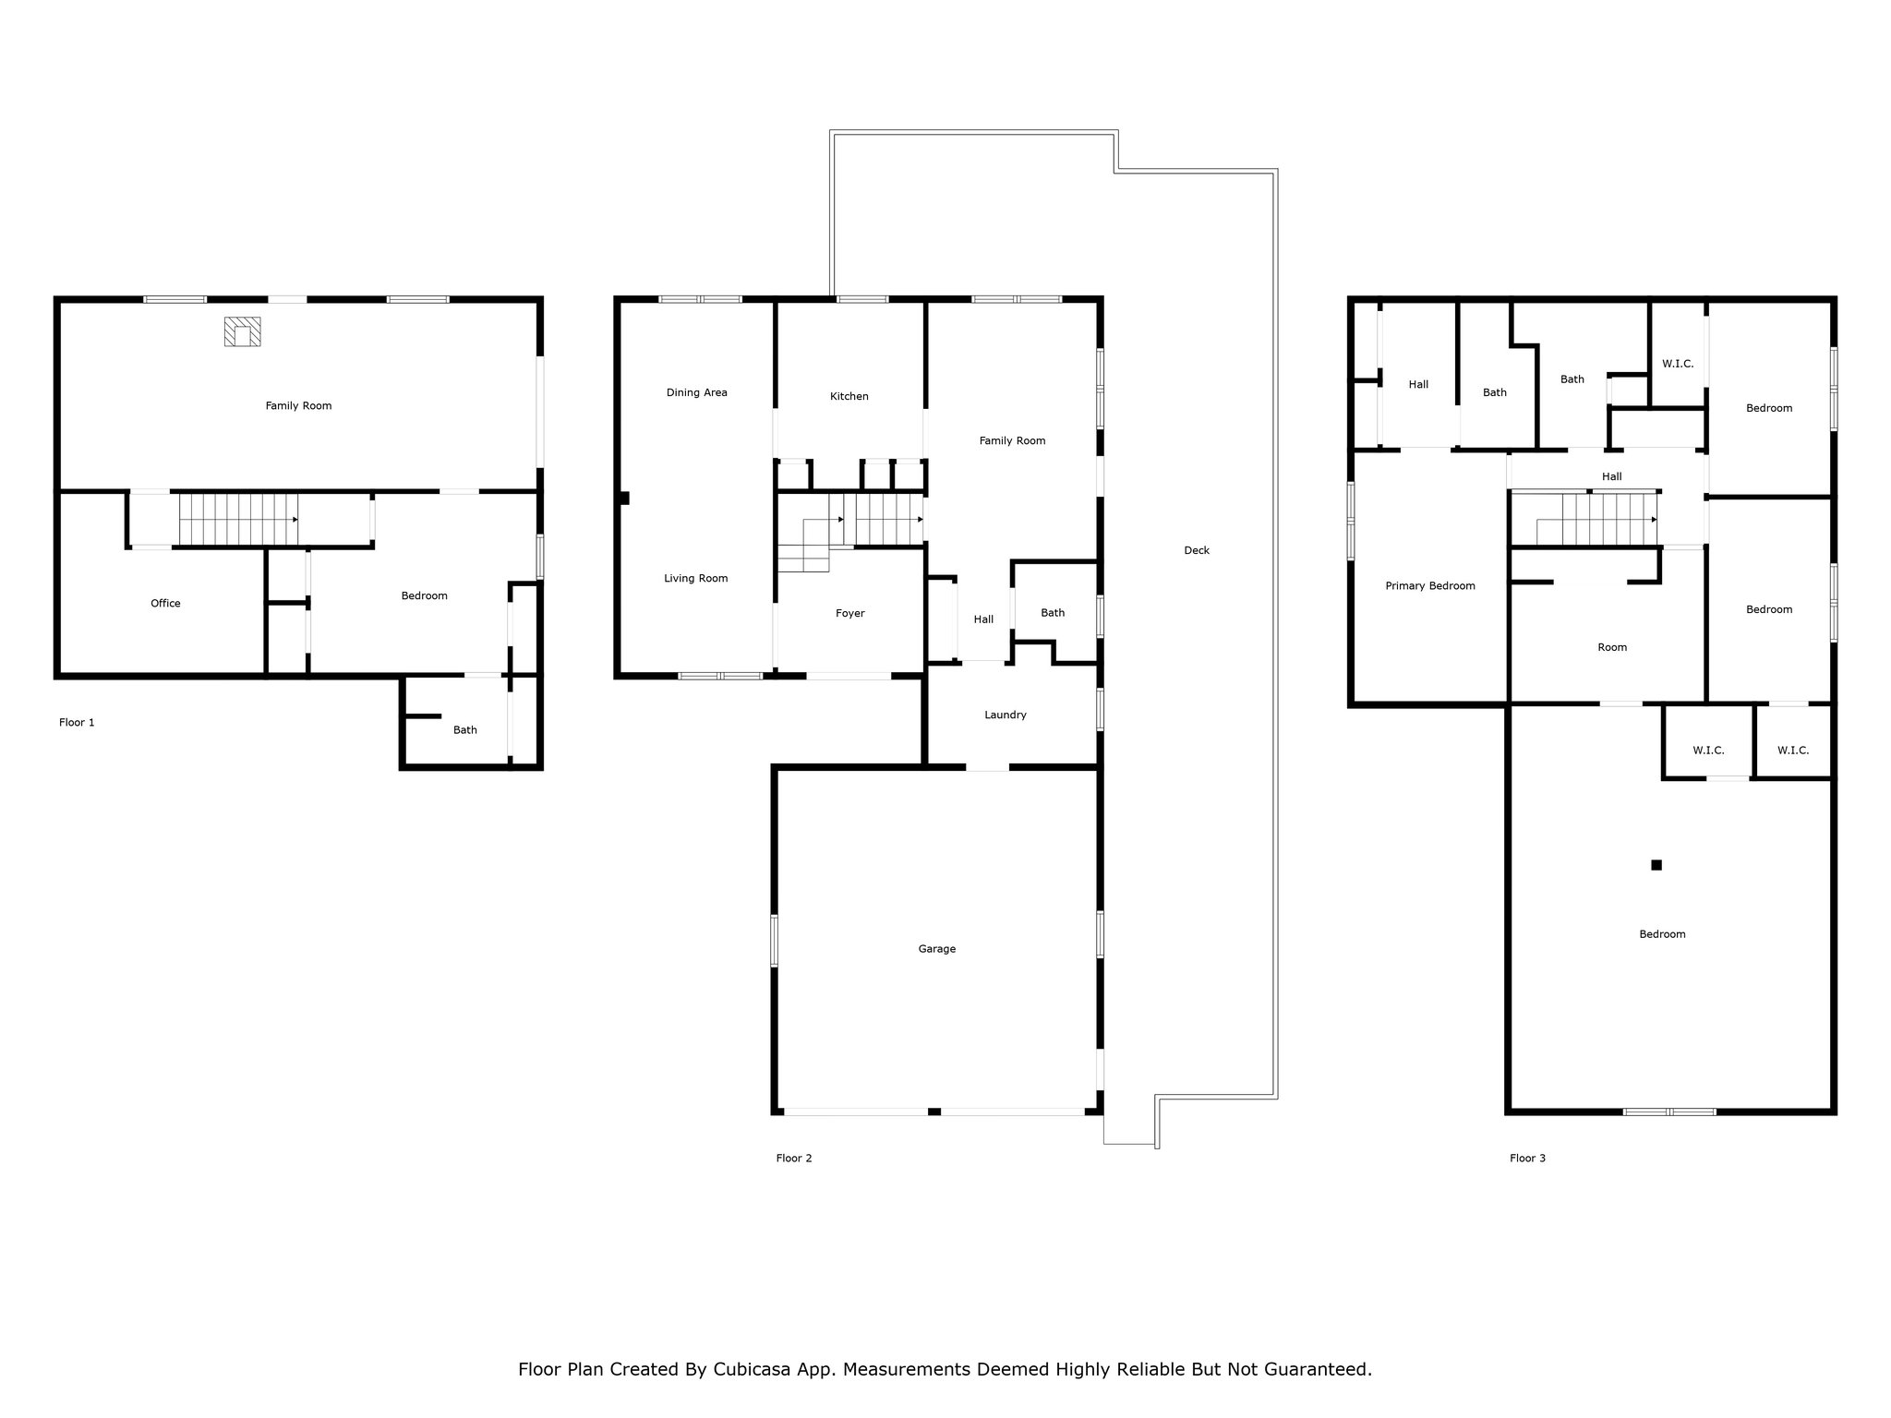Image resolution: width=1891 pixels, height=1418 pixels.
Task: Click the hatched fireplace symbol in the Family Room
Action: coord(242,331)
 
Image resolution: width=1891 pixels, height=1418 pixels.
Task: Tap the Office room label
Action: coord(166,604)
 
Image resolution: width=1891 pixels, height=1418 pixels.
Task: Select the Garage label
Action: coord(937,949)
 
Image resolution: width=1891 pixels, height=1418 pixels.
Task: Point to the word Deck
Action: coord(1197,550)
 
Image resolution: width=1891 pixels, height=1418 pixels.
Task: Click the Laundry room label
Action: coord(1006,715)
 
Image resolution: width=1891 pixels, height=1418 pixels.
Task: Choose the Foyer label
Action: coord(850,613)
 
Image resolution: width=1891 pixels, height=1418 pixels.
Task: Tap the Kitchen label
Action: coord(849,396)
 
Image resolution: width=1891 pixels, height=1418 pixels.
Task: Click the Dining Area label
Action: coord(697,392)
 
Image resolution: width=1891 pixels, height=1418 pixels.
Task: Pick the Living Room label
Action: coord(696,579)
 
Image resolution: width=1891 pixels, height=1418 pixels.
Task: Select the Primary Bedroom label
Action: coord(1430,586)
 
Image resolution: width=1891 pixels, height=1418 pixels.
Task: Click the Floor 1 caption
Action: coord(77,723)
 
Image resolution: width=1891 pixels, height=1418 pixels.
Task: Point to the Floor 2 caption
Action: coord(794,1159)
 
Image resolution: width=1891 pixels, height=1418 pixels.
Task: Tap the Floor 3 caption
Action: coord(1528,1159)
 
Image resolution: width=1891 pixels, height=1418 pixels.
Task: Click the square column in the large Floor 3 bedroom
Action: coord(1656,865)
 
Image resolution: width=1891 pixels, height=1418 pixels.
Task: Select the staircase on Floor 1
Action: coord(239,520)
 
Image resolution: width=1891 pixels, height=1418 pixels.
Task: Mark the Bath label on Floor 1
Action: coord(465,730)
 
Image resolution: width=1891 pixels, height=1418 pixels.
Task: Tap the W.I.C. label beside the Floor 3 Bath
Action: coord(1678,364)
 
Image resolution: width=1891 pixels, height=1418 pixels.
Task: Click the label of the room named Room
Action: coord(1612,648)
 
